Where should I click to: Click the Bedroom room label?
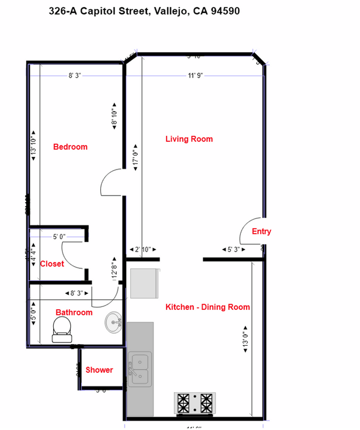point(70,147)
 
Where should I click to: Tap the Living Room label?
point(189,139)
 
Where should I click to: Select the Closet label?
point(52,264)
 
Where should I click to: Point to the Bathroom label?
point(74,313)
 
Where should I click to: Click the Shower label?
point(99,370)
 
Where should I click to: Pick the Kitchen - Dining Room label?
point(208,307)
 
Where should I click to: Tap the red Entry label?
point(261,232)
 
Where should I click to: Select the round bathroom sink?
point(114,322)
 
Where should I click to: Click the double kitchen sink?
point(140,369)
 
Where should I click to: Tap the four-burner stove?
point(194,403)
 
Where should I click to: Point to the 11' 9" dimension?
point(196,75)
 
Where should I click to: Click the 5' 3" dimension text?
point(234,250)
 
